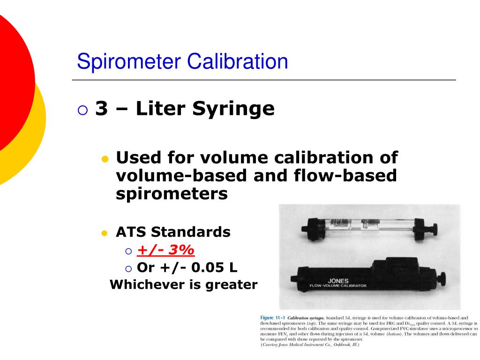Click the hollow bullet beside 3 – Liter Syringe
82,110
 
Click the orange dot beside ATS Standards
105,233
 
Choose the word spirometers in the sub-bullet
172,194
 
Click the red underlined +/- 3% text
165,251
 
